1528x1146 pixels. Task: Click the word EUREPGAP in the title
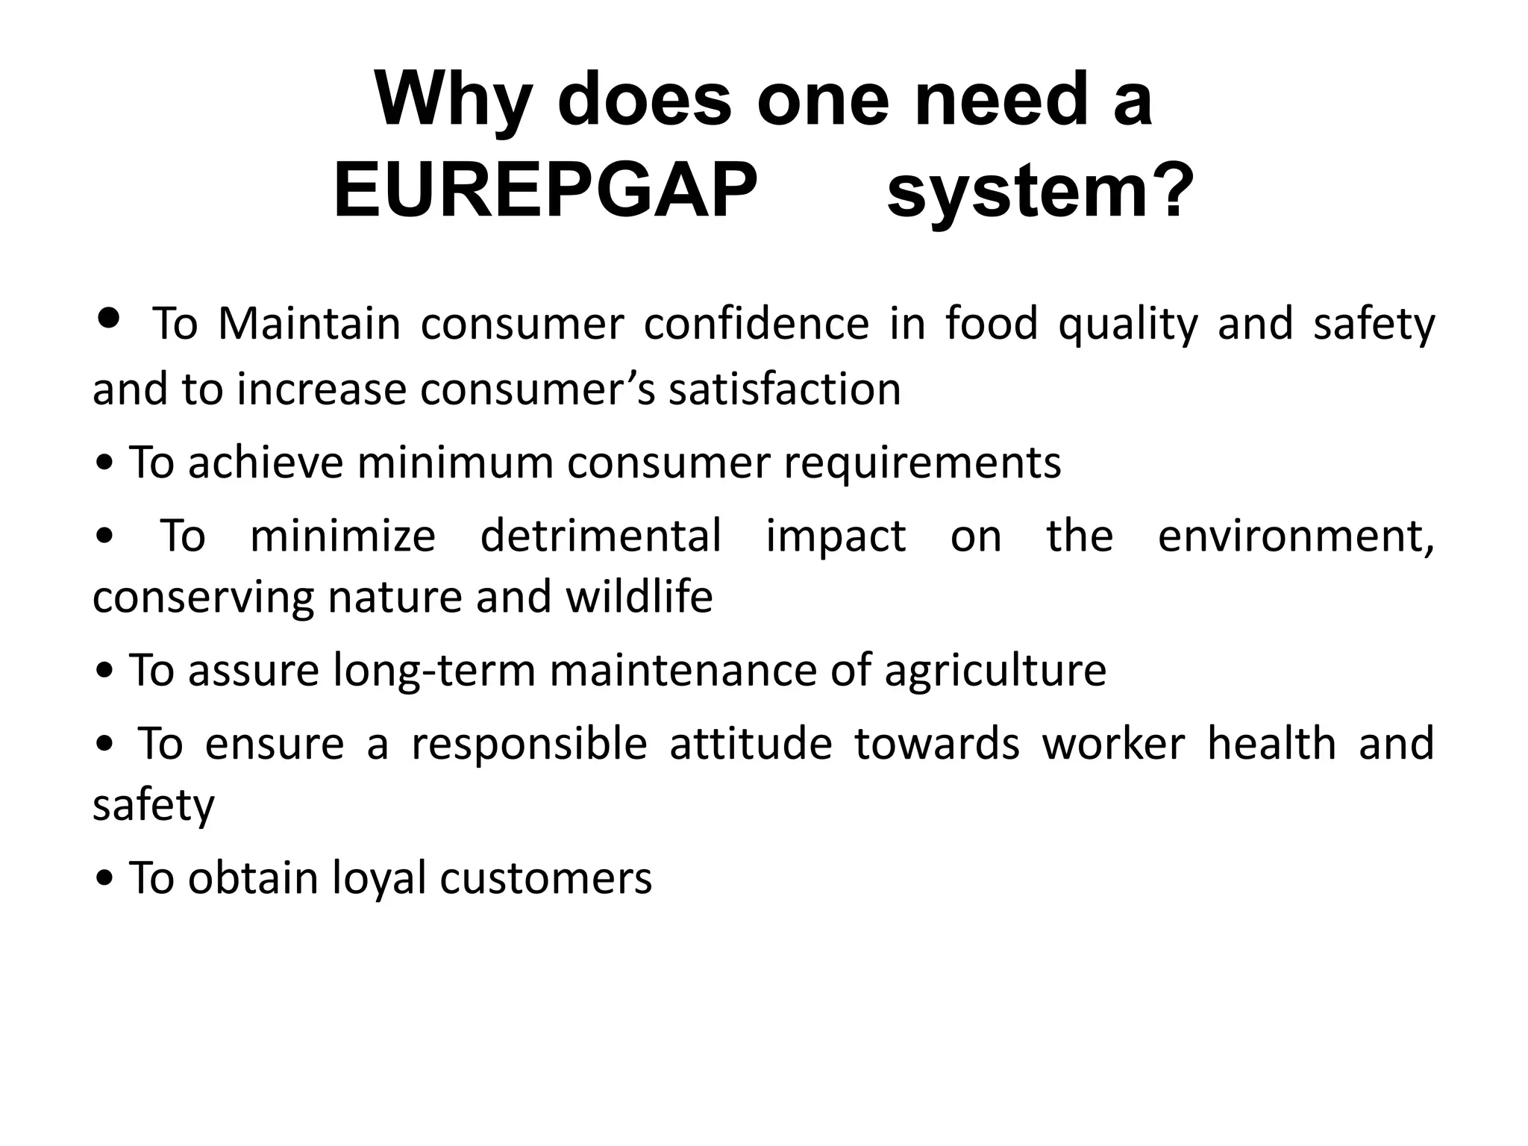point(545,191)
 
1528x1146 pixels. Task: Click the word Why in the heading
point(454,99)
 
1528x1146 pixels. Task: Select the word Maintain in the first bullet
point(310,324)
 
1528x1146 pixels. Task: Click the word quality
point(1127,325)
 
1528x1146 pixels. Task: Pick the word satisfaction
point(784,389)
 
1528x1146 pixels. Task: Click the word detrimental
point(601,536)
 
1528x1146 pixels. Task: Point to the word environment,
point(1296,536)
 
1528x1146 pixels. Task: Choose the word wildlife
point(639,597)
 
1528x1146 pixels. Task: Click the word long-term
point(433,670)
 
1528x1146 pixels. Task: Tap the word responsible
point(529,743)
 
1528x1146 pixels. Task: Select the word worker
point(1113,743)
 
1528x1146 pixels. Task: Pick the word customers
point(545,878)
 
